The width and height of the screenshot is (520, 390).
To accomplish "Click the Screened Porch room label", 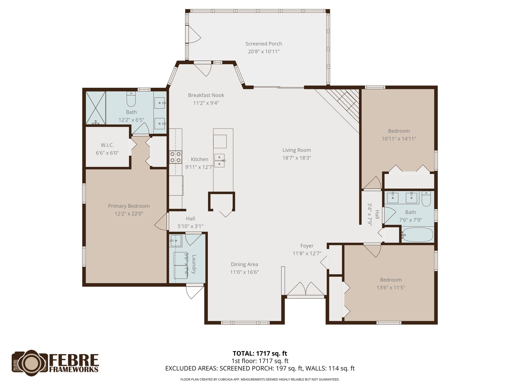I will click(x=264, y=44).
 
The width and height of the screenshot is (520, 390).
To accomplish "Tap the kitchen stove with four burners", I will click(x=175, y=157).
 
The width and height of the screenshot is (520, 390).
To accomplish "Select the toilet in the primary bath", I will click(x=131, y=99).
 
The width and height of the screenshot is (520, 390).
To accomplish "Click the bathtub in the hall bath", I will click(x=417, y=235).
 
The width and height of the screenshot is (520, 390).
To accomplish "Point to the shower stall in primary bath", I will click(x=95, y=108).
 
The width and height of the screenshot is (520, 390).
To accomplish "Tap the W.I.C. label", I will click(x=107, y=145).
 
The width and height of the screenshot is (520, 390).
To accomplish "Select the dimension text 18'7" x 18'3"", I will click(x=297, y=158).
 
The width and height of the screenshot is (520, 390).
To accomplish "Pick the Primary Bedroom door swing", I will click(x=161, y=222).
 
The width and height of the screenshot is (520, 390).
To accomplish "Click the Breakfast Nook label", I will click(x=206, y=95).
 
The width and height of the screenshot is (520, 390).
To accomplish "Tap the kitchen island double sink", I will click(x=219, y=160).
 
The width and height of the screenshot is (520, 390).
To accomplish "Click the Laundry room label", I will click(x=194, y=264).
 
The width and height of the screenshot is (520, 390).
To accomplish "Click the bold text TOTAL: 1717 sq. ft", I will click(x=260, y=353).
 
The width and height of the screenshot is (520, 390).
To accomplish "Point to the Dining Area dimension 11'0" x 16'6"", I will click(x=244, y=272).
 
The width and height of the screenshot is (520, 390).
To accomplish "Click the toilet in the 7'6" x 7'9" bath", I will click(x=426, y=199).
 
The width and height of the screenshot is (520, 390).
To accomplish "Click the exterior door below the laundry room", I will click(x=194, y=292).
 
